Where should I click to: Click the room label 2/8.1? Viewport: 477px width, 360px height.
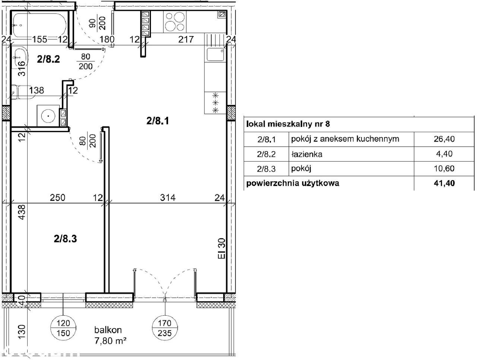(x=158, y=121)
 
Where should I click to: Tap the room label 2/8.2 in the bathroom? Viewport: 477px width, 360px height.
(x=48, y=59)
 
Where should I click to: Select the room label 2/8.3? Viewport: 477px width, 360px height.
(x=65, y=239)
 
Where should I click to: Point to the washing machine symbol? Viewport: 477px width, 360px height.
(x=48, y=116)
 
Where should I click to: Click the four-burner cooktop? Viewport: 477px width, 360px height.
(x=175, y=22)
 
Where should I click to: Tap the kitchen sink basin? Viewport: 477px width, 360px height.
(x=215, y=54)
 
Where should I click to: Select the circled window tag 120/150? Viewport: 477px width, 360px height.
(x=63, y=328)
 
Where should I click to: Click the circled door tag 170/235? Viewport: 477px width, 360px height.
(x=165, y=328)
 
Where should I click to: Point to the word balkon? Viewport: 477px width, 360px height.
(x=108, y=330)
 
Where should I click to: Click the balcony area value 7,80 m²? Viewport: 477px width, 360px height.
(x=110, y=341)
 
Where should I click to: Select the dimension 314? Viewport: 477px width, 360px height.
(x=168, y=198)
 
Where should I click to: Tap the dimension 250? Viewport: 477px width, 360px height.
(x=58, y=198)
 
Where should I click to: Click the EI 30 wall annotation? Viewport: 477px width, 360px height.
(x=221, y=248)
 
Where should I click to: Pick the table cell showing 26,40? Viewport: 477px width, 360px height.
(x=444, y=139)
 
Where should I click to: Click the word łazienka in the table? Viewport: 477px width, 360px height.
(x=307, y=154)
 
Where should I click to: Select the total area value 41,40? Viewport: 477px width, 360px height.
(x=444, y=183)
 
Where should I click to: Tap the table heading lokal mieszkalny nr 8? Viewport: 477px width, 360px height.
(x=288, y=124)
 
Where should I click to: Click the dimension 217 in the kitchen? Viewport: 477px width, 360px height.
(x=186, y=39)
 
